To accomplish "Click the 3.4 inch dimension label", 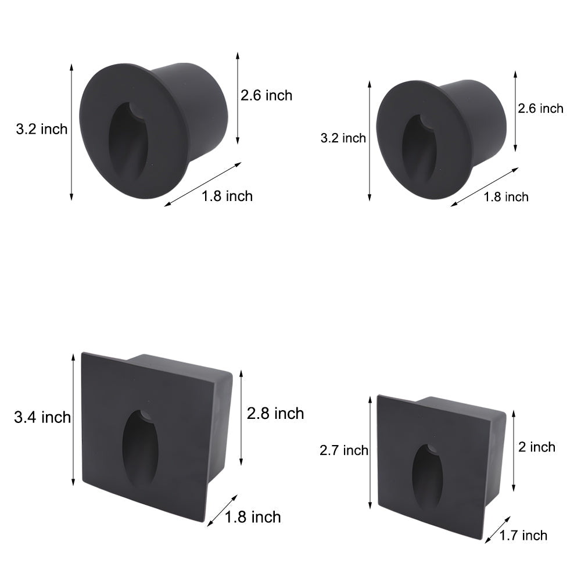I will click(x=42, y=417).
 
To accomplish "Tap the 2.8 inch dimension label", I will click(x=275, y=414).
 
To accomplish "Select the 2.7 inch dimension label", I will click(x=344, y=450).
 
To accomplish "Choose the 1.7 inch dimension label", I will click(x=523, y=535).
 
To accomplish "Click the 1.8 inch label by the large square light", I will click(x=253, y=517).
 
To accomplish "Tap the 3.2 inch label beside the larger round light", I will click(x=41, y=129).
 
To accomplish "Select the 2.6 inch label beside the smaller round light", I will click(x=540, y=108).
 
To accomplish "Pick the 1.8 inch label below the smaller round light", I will click(x=506, y=197).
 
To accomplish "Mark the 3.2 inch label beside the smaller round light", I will click(x=343, y=138).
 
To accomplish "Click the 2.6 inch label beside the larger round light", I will click(x=267, y=95).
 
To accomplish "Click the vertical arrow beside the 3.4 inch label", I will click(x=73, y=419).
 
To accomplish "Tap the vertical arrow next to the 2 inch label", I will click(x=515, y=447).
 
